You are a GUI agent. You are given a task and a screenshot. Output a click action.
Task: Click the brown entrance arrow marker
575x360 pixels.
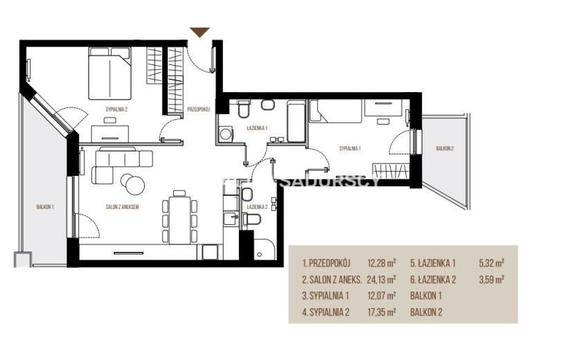click(200, 32)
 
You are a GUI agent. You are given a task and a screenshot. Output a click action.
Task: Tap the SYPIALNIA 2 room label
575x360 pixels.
click(116, 109)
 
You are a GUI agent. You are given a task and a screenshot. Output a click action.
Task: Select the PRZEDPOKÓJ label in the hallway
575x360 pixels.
click(198, 109)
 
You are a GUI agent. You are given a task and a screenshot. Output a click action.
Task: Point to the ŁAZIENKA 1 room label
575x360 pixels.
click(257, 128)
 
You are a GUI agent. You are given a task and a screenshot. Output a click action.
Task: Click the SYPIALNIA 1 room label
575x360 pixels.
click(350, 148)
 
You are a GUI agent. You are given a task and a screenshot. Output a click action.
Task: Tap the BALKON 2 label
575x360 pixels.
click(445, 148)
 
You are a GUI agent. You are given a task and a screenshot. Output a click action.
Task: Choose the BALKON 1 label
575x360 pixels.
click(45, 207)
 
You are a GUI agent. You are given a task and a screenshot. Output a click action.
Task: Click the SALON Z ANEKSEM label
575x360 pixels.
click(122, 207)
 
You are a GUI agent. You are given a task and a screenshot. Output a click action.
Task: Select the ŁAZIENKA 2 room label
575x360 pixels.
click(257, 207)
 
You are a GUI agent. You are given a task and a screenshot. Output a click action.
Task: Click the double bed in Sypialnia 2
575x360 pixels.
click(109, 73)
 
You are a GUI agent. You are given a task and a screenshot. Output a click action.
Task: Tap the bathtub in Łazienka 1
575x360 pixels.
click(296, 121)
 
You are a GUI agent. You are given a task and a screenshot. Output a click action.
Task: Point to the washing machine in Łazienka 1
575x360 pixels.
click(225, 134)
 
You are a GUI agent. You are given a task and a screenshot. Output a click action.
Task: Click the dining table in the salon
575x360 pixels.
click(179, 220)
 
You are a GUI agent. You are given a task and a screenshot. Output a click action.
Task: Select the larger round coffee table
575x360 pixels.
click(134, 186)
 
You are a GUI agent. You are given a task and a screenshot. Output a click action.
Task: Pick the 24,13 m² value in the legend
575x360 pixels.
click(382, 280)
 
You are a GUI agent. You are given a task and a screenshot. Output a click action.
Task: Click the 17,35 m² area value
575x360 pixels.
click(382, 312)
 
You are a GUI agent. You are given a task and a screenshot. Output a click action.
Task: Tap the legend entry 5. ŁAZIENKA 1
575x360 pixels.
click(433, 263)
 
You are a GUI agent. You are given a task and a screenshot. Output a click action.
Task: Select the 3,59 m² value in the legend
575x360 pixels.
click(491, 280)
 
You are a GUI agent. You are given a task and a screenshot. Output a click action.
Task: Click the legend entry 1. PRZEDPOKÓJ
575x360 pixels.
click(326, 263)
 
